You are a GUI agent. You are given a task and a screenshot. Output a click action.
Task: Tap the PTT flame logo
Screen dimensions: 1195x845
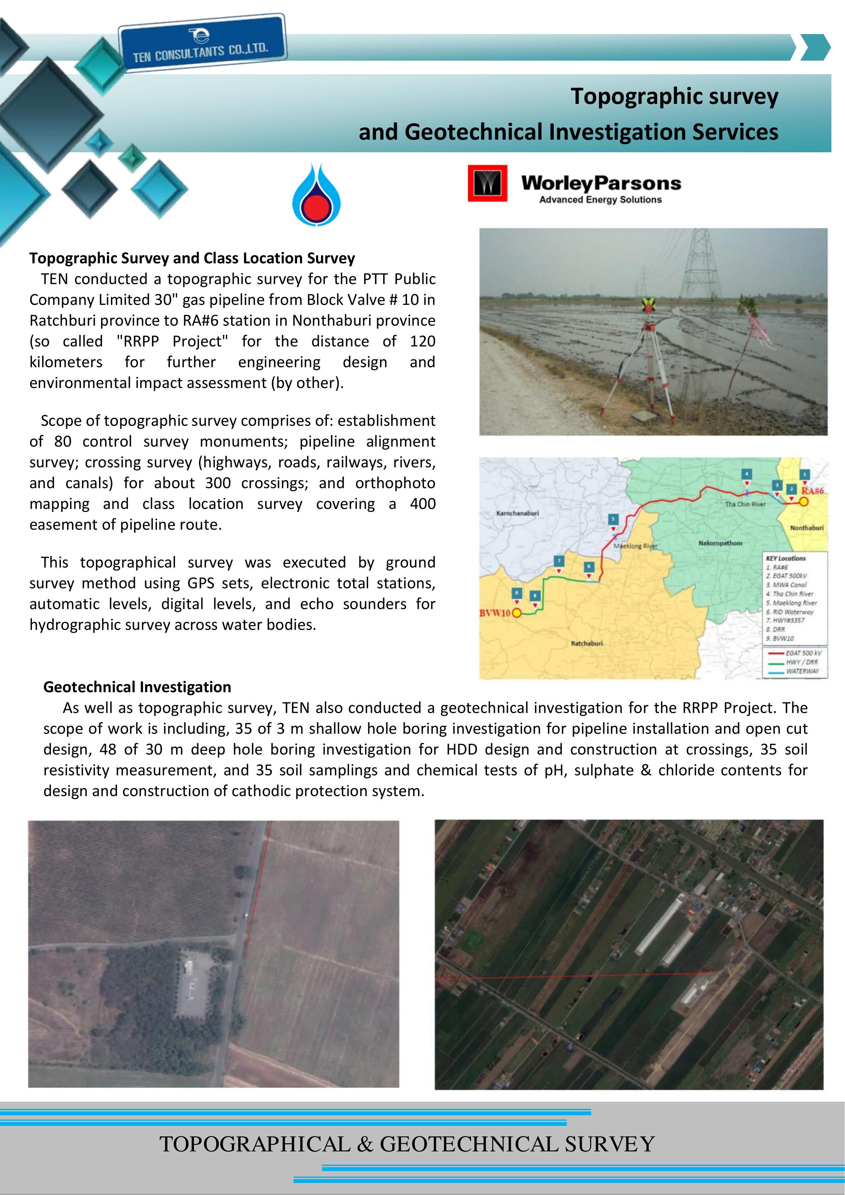316,195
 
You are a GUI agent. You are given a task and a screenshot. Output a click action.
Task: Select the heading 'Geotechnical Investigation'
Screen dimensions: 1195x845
137,687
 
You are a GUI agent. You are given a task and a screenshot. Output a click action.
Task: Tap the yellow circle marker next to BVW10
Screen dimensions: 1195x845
517,613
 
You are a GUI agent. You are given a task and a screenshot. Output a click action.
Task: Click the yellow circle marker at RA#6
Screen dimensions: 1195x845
803,502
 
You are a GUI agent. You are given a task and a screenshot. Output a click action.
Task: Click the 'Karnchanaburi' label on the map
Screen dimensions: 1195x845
517,513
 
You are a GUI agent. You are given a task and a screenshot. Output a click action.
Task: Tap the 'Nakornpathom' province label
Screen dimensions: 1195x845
720,543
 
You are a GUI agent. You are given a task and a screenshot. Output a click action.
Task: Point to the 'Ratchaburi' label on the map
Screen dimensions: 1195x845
586,643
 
